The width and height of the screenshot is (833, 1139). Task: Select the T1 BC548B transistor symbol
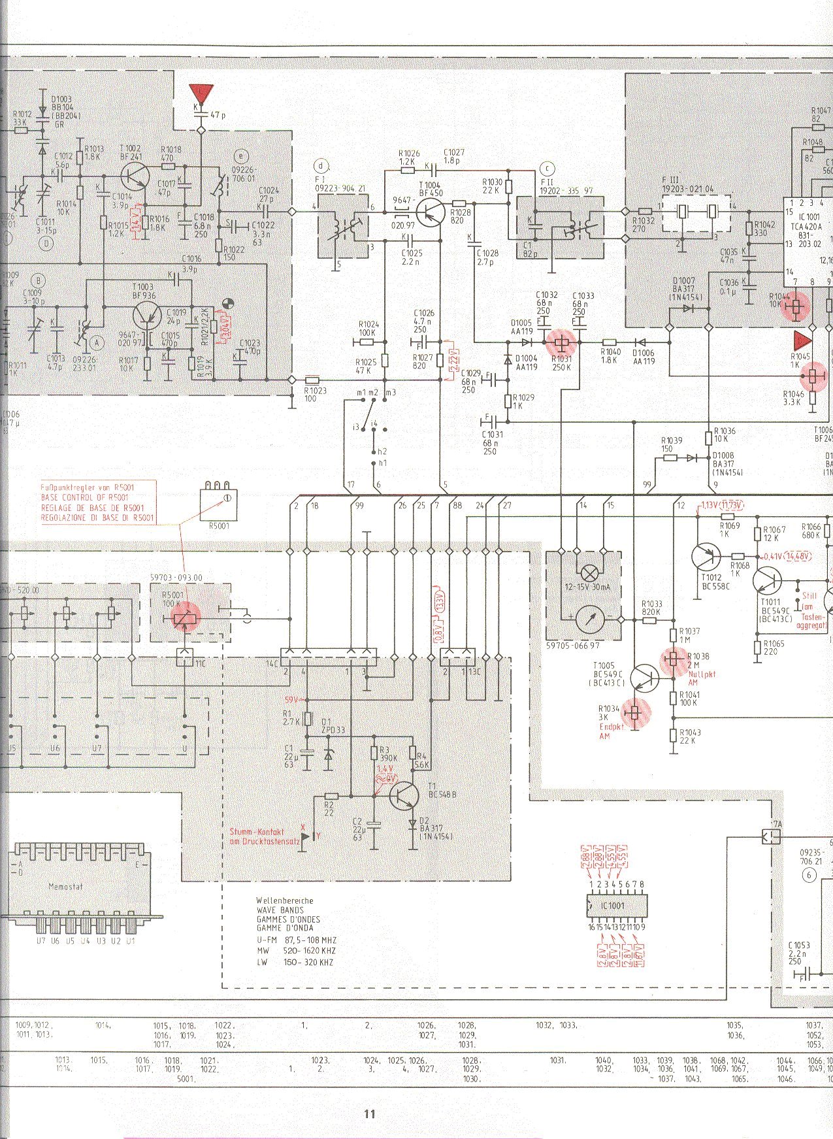(403, 796)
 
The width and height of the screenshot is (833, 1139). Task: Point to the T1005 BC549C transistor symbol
(645, 678)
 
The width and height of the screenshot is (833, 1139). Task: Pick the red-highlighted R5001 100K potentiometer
(186, 616)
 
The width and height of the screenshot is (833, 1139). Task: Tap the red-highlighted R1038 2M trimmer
(674, 659)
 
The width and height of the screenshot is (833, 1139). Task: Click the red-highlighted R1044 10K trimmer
(796, 305)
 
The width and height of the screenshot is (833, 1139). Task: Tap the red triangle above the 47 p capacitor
(201, 93)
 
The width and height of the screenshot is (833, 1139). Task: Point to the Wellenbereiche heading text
(284, 900)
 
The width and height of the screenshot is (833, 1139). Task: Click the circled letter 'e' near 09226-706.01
(242, 156)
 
